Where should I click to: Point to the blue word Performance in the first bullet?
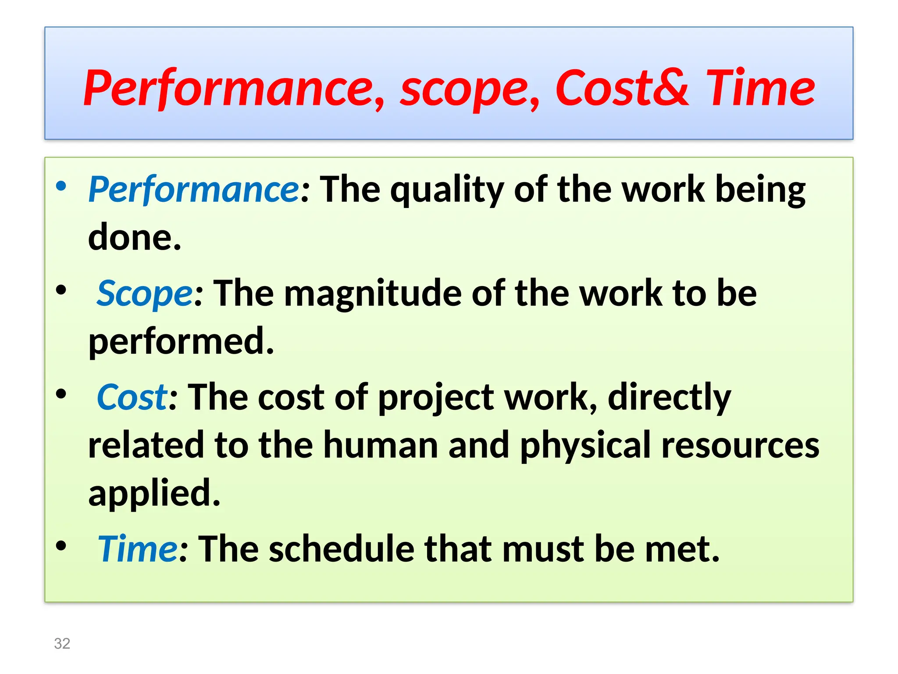193,190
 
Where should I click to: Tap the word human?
381,445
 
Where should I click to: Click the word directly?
669,398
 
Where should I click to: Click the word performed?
181,342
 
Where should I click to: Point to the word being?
760,191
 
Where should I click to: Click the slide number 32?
62,643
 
